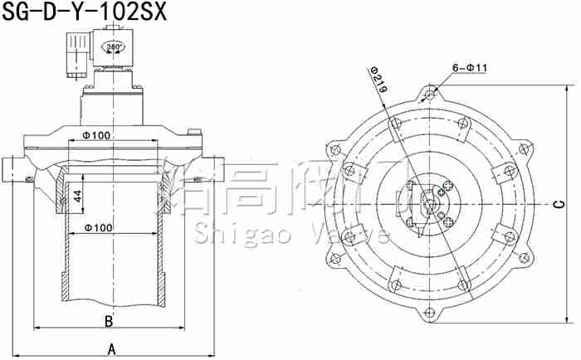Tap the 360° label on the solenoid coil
(x=114, y=47)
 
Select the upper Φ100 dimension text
(x=97, y=135)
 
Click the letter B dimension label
(x=108, y=321)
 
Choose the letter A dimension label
(x=111, y=350)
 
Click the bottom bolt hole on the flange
(x=428, y=313)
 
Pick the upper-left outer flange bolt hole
(x=334, y=149)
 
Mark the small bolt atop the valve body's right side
(x=197, y=133)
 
